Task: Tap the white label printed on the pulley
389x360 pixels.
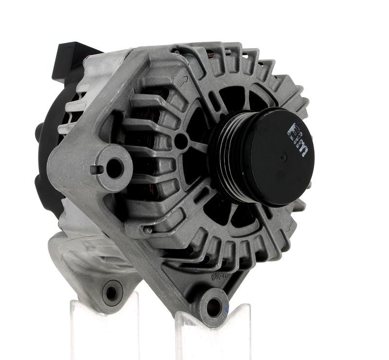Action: tap(298, 139)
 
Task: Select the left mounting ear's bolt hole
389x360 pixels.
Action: tap(114, 168)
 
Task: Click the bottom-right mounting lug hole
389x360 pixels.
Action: tap(213, 306)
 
